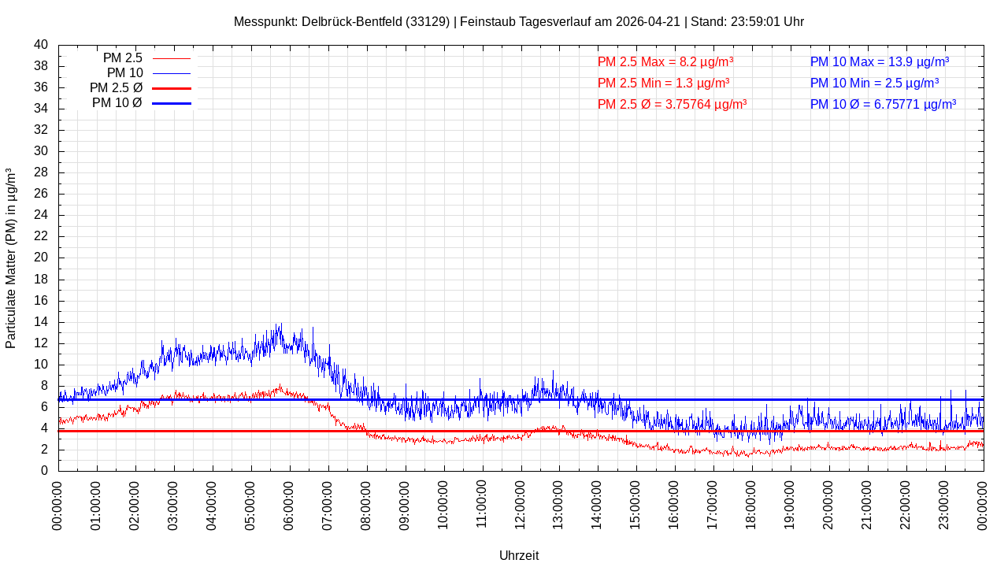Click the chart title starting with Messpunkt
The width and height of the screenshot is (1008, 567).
[x=518, y=21]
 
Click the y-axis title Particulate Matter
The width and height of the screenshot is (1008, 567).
[x=11, y=258]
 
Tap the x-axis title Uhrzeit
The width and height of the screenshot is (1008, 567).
[x=519, y=555]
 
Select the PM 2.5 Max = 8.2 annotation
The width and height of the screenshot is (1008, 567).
[x=665, y=61]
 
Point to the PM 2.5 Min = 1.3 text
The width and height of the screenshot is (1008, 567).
[x=663, y=83]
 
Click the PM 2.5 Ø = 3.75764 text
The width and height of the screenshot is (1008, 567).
[x=672, y=105]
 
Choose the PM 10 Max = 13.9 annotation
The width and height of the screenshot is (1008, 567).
[x=880, y=61]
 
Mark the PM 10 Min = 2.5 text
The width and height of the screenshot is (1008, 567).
[x=874, y=83]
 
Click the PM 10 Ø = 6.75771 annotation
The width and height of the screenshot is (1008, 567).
[x=883, y=105]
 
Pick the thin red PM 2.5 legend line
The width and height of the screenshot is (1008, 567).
[x=172, y=58]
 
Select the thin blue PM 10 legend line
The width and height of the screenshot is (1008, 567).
[x=172, y=73]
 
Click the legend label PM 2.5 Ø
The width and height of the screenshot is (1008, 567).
[x=116, y=88]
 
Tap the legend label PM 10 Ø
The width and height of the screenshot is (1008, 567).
[x=117, y=103]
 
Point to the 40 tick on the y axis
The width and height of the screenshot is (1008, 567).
[x=41, y=45]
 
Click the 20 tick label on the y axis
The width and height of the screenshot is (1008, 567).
[x=41, y=258]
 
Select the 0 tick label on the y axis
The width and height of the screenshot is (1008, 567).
[x=44, y=471]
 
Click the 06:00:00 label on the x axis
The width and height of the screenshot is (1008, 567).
[x=288, y=506]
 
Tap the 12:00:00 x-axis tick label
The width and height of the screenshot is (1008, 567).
[x=520, y=506]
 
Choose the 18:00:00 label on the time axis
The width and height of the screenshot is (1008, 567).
[x=751, y=506]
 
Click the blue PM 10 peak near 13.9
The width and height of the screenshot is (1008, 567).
[x=281, y=324]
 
